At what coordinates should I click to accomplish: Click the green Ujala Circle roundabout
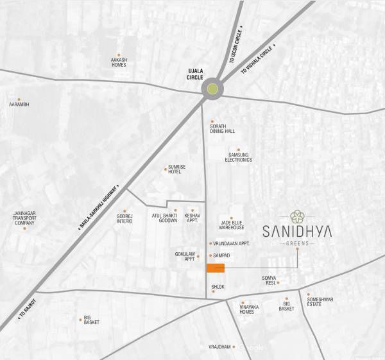click(x=212, y=90)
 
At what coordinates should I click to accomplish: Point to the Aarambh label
click(x=19, y=104)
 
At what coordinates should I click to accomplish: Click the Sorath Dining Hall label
click(x=222, y=128)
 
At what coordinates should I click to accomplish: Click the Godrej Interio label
click(x=124, y=218)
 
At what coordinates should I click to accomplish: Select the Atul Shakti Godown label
click(x=164, y=218)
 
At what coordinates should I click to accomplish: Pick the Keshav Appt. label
click(x=193, y=218)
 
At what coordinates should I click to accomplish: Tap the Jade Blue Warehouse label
click(x=232, y=225)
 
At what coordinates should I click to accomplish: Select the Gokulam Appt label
click(x=185, y=256)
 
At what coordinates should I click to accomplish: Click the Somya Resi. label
click(x=269, y=281)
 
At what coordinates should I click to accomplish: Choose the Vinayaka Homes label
click(x=247, y=309)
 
